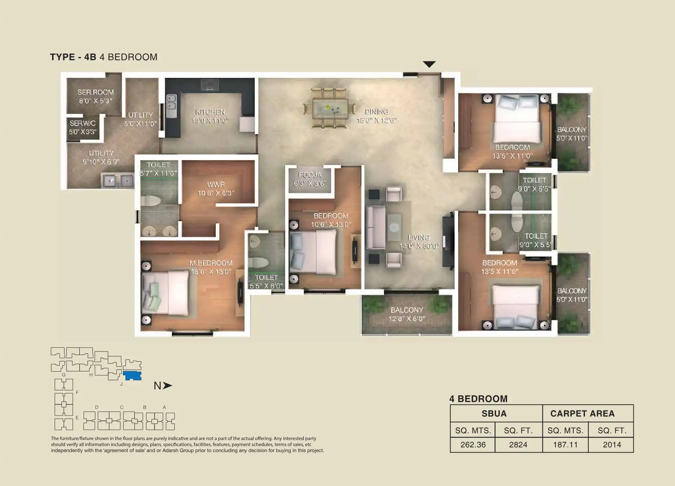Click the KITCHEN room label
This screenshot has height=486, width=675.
[x=210, y=116]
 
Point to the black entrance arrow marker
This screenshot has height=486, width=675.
[x=429, y=64]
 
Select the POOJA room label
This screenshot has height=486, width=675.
[x=309, y=179]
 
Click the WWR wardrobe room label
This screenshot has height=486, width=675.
[x=216, y=189]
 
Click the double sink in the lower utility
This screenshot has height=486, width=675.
[x=117, y=180]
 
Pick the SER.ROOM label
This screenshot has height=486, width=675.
[x=95, y=96]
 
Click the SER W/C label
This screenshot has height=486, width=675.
[x=83, y=127]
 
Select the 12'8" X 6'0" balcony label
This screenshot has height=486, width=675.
[x=407, y=314]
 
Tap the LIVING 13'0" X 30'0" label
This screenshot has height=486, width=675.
[x=419, y=242]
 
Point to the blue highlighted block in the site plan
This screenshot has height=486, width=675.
[x=132, y=376]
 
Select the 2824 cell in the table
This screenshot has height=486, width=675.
[x=518, y=445]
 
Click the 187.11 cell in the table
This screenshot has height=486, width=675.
[x=565, y=445]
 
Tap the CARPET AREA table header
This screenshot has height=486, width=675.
[x=582, y=413]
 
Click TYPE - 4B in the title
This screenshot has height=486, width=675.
[x=73, y=57]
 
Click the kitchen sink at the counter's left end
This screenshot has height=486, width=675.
[x=171, y=102]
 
